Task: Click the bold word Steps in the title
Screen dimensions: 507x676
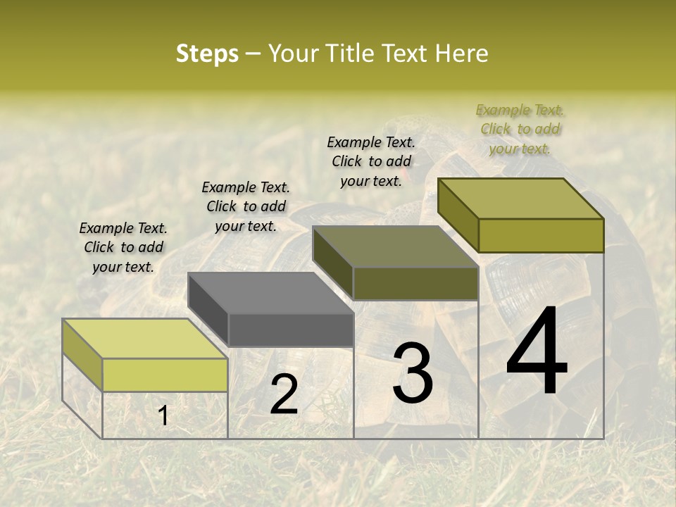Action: click(207, 54)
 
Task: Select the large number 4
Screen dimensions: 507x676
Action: click(537, 352)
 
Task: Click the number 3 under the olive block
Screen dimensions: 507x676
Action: click(413, 373)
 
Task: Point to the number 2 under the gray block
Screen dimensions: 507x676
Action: click(284, 394)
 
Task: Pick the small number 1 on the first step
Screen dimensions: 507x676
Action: click(163, 415)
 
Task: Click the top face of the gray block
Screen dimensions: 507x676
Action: click(271, 293)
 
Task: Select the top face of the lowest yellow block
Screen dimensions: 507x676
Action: click(145, 339)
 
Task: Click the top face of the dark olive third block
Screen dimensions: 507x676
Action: click(396, 246)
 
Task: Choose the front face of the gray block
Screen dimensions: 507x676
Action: click(291, 330)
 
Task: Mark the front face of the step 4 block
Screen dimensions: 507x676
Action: click(541, 235)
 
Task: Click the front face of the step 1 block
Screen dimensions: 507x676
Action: click(165, 375)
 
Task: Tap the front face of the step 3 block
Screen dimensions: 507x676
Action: click(415, 283)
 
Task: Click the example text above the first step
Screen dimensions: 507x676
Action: click(123, 247)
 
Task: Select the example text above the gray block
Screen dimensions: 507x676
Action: click(246, 206)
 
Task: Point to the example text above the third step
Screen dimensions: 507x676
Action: click(371, 161)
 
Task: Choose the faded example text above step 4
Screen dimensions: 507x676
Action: click(520, 129)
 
